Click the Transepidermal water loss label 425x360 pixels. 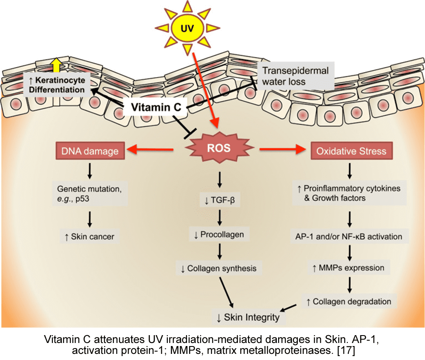295,75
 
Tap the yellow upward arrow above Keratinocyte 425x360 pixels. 55,65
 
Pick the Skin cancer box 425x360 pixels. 89,237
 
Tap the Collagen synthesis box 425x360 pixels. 219,268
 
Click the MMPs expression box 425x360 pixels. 349,268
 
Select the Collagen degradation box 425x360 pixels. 349,301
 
